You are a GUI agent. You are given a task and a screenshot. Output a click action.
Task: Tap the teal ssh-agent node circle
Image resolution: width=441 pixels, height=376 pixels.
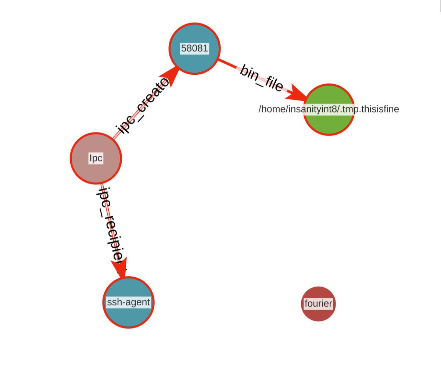coord(128,316)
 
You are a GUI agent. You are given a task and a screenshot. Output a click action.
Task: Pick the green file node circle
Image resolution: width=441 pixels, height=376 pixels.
coord(329,125)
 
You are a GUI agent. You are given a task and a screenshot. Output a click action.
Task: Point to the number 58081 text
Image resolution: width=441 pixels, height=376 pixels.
coord(194,48)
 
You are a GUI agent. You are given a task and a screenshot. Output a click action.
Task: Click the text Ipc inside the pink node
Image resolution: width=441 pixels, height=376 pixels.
coord(96,158)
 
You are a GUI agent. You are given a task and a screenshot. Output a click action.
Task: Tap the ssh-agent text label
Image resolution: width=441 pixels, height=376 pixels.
coord(128,302)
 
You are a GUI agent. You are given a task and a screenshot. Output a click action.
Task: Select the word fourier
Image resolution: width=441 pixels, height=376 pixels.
coord(318,304)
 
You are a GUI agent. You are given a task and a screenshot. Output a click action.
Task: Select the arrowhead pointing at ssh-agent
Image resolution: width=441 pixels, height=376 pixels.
coord(120,266)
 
